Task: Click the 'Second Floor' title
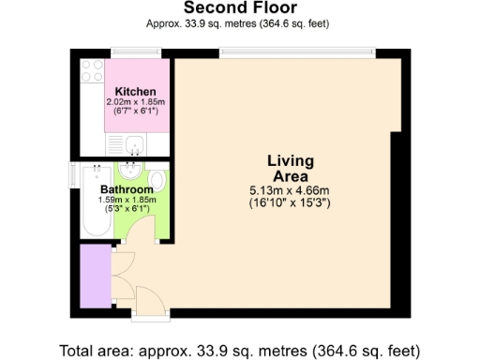(239, 8)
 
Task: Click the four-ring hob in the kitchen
(92, 70)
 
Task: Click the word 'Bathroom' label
(127, 189)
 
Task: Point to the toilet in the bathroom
(157, 180)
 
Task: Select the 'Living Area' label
(292, 168)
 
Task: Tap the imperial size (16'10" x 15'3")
(292, 202)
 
